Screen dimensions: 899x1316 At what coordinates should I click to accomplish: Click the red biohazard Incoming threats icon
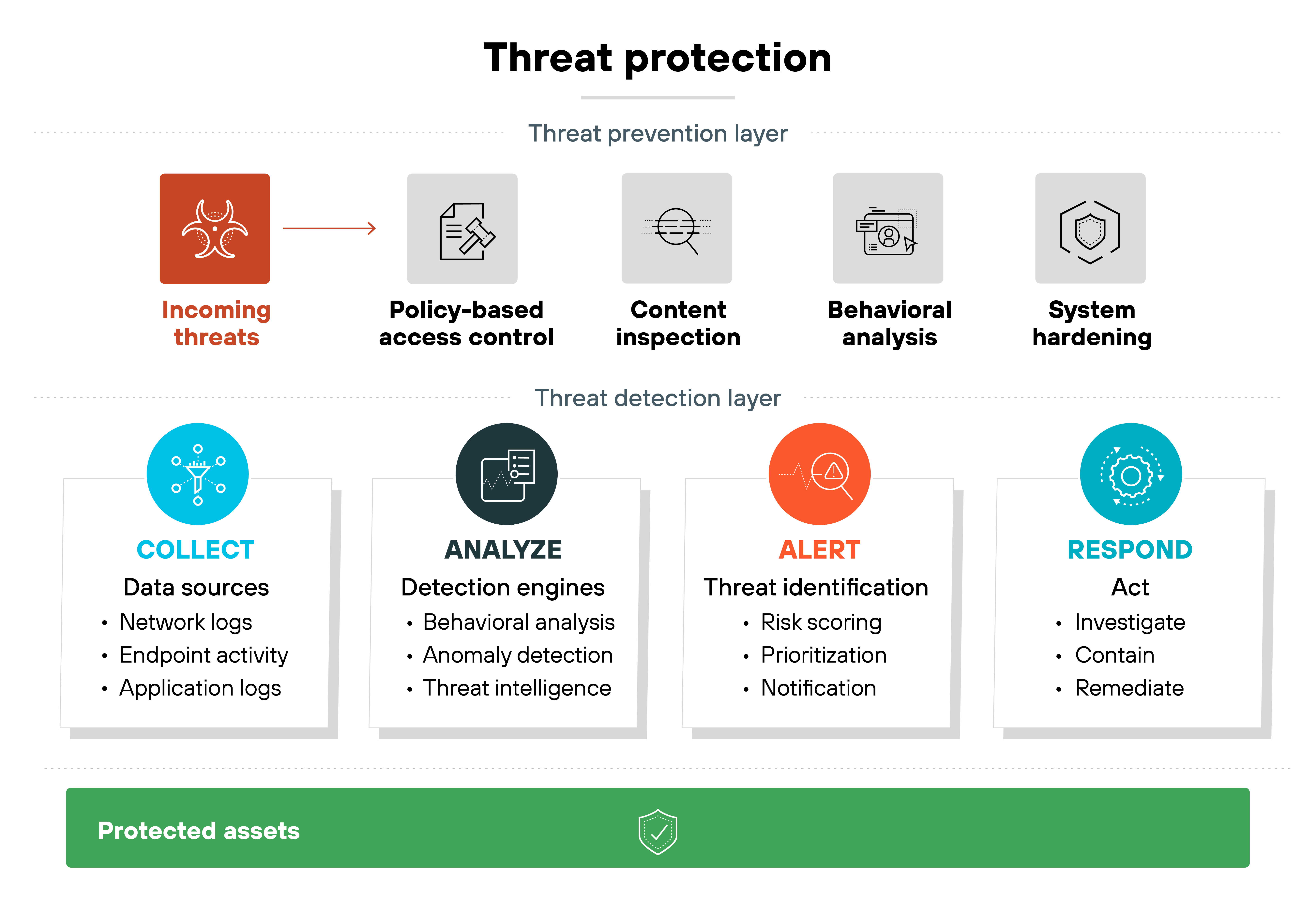[215, 229]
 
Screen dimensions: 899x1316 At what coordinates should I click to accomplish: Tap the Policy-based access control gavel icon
[462, 229]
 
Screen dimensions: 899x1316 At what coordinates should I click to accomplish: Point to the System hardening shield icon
[1090, 229]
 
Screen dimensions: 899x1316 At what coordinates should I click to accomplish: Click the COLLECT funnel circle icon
[198, 474]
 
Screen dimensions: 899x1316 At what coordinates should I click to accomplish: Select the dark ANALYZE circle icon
[506, 474]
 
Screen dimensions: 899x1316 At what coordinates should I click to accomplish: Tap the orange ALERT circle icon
[819, 474]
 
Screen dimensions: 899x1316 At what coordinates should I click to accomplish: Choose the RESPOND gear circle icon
[1131, 474]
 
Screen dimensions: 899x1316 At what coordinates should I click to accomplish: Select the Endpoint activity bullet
[203, 655]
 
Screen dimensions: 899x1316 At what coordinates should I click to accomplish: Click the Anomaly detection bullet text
[518, 655]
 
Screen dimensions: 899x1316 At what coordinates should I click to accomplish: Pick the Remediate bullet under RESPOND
[1129, 688]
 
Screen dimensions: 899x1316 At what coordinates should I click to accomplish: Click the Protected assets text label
[199, 831]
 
